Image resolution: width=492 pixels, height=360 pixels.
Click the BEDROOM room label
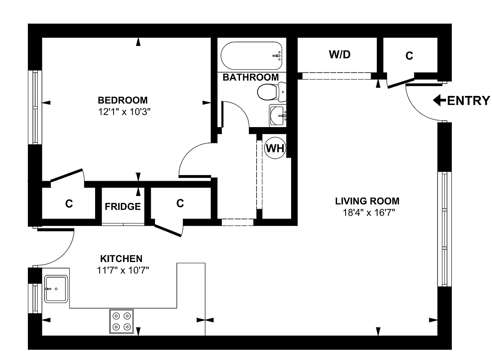click(123, 100)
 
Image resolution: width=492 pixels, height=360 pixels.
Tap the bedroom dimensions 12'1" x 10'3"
click(124, 112)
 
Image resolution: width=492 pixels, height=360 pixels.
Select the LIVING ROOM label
click(367, 201)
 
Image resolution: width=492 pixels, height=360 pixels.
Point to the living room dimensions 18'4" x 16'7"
click(369, 212)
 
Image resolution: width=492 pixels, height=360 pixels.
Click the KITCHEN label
click(121, 259)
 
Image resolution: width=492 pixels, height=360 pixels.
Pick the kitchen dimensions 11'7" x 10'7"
click(123, 270)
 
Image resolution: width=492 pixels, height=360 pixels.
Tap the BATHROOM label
click(251, 77)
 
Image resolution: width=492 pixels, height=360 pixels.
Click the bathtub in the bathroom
click(251, 56)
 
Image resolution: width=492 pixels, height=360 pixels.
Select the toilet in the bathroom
click(272, 92)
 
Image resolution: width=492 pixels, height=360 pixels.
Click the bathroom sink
click(278, 116)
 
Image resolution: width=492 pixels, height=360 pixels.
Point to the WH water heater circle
click(275, 148)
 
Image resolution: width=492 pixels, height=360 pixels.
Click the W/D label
click(339, 55)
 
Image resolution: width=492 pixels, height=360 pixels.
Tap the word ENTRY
click(469, 100)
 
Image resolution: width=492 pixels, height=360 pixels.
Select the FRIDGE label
click(123, 207)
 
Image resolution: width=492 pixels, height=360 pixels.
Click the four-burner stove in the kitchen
click(121, 321)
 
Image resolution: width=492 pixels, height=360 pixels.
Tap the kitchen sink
click(56, 289)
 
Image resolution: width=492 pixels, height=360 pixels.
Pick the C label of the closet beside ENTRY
click(409, 56)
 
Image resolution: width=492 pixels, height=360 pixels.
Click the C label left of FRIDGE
click(69, 204)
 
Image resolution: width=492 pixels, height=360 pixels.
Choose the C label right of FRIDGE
click(180, 203)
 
